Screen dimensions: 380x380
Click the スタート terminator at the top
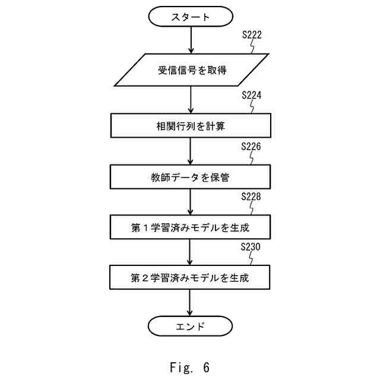190,17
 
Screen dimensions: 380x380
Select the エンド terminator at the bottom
190,325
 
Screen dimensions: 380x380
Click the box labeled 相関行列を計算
190,125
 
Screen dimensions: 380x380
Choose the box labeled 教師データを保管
190,176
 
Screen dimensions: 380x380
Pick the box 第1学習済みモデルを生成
190,227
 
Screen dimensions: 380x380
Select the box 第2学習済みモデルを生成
190,277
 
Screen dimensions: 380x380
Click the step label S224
252,95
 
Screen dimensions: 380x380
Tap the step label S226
252,146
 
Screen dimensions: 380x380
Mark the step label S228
252,197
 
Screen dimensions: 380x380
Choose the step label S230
252,247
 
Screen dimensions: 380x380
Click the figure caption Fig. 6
190,368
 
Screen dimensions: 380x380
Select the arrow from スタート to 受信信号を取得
190,40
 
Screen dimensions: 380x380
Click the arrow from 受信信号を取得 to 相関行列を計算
190,99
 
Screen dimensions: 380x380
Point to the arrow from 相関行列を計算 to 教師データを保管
190,151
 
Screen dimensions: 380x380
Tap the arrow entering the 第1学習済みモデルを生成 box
190,202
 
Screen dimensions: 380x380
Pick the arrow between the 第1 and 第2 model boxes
190,252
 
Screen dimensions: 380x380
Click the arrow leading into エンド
190,302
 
